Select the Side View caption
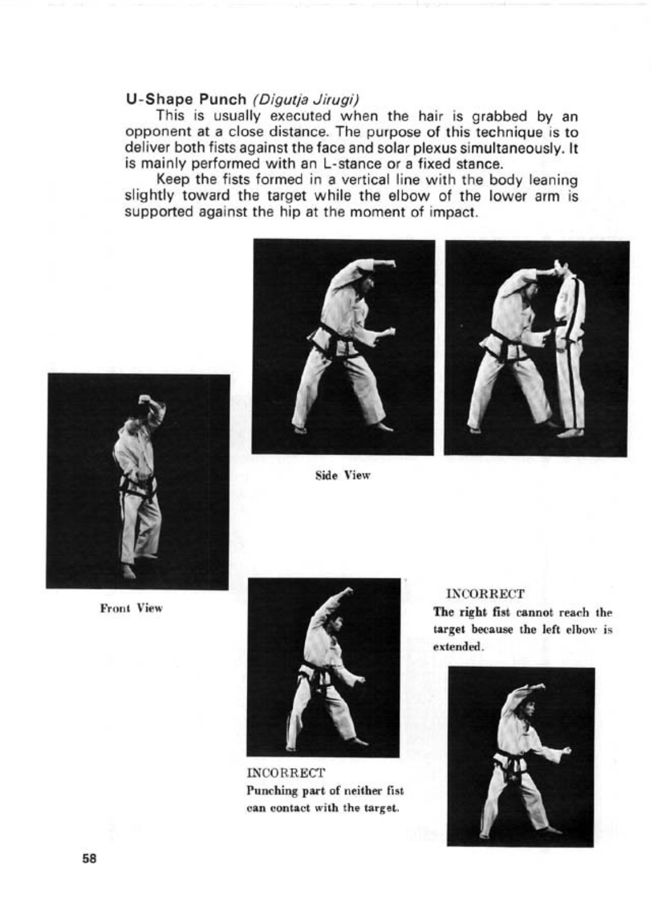[x=343, y=476]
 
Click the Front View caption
[x=131, y=608]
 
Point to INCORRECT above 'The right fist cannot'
[x=485, y=594]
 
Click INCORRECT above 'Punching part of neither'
[x=286, y=773]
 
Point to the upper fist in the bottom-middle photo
[x=347, y=592]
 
